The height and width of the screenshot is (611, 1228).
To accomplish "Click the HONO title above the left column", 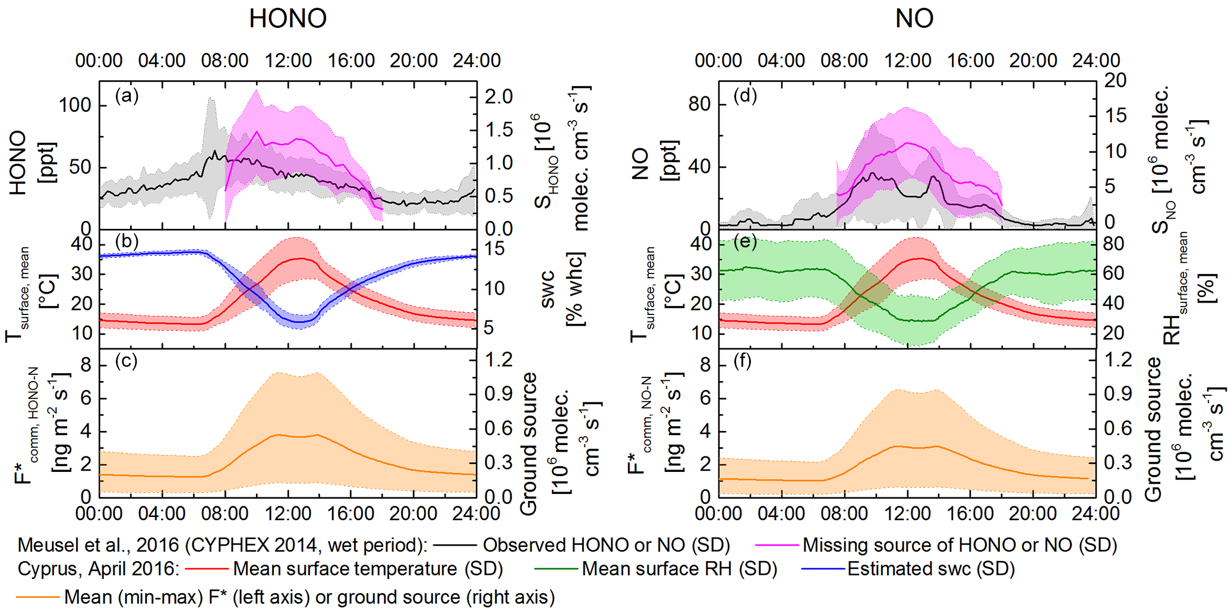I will pos(288,19).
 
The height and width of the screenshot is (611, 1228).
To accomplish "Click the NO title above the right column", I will pos(914,19).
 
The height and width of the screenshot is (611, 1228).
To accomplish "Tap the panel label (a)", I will pos(127,96).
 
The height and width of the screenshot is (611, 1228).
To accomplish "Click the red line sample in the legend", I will pos(206,569).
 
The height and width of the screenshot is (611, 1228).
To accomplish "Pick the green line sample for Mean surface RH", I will pos(555,569).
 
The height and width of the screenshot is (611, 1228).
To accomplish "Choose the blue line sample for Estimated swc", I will pos(822,569).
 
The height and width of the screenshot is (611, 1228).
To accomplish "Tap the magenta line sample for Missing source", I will pos(776,545).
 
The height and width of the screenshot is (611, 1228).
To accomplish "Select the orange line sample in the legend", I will pos(39,597).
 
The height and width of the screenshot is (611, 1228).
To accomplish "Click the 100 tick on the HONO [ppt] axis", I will pos(75,106).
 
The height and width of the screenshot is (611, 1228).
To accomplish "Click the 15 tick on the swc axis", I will pos(493,248).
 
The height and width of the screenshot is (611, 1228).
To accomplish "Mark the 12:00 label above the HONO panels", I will pos(288,61).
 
